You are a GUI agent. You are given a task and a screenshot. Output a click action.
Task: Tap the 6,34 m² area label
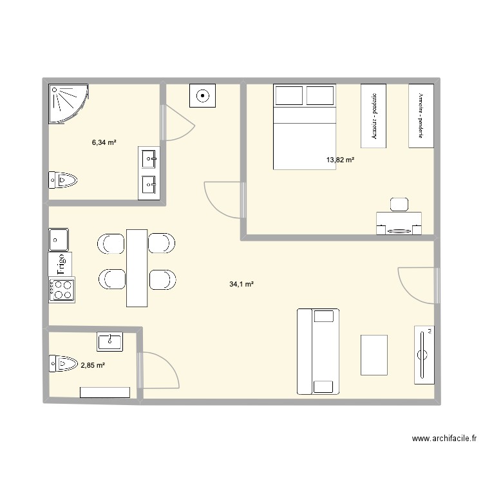[x=104, y=142]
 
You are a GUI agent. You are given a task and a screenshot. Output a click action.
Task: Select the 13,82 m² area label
[x=341, y=160]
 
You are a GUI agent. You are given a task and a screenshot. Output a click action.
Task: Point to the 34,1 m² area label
[x=241, y=283]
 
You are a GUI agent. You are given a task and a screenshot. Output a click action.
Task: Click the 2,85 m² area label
[x=93, y=366]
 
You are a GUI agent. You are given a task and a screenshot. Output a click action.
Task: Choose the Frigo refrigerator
[x=61, y=264]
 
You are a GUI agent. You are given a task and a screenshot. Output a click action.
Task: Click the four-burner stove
[x=62, y=289]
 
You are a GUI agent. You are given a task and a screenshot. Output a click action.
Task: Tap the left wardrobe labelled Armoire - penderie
[x=374, y=116]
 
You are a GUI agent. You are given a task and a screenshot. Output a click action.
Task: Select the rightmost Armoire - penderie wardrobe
[x=422, y=115]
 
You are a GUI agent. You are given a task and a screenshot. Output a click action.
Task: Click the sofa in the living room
[x=317, y=351]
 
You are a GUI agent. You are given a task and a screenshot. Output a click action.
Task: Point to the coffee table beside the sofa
[x=374, y=355]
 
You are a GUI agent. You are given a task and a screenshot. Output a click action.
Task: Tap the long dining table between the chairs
[x=137, y=267]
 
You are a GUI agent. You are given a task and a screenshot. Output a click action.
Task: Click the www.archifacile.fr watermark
[x=444, y=439]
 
